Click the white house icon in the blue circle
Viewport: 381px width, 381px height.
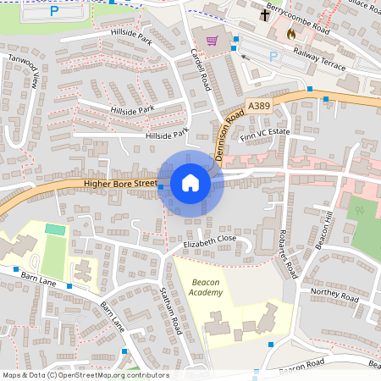click(190, 182)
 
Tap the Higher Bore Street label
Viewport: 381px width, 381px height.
click(120, 183)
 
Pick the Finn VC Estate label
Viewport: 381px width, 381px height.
click(266, 135)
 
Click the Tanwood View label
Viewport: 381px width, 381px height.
click(24, 72)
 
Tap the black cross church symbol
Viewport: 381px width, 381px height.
click(264, 14)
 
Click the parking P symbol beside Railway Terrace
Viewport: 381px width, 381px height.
click(273, 56)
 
